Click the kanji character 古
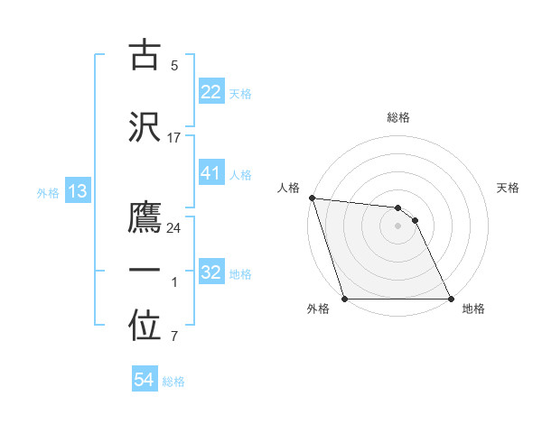click(x=145, y=55)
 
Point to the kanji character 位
click(x=145, y=327)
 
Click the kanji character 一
click(x=145, y=271)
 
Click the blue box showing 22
click(x=211, y=92)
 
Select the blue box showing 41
click(x=211, y=174)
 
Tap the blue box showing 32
click(x=211, y=273)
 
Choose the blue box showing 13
click(x=77, y=191)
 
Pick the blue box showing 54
click(x=144, y=381)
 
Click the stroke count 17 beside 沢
click(x=173, y=138)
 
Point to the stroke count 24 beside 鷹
click(x=173, y=228)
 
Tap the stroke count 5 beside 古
click(x=173, y=66)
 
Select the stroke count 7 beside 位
click(x=173, y=337)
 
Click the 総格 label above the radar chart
click(x=398, y=117)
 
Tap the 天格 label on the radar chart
click(x=509, y=188)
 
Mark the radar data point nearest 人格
click(x=312, y=198)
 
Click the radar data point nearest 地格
click(x=450, y=299)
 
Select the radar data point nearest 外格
click(x=345, y=299)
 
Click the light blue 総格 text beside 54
click(x=173, y=382)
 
